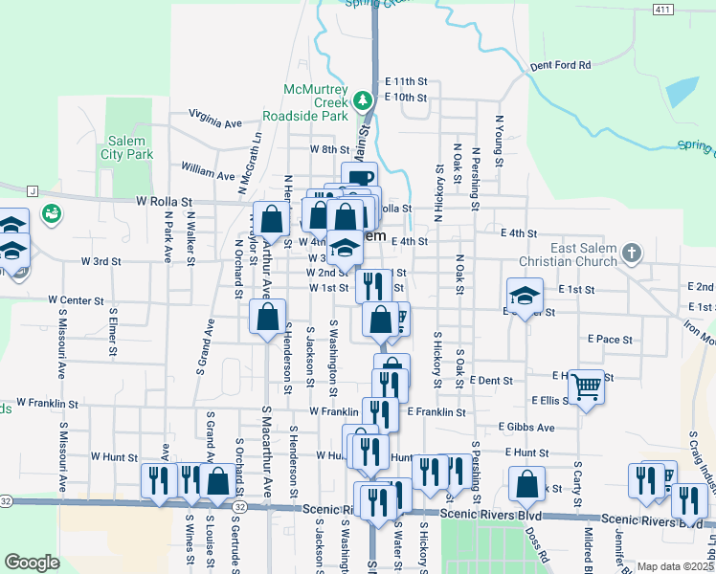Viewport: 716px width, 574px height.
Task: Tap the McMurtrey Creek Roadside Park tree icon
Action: coord(362,99)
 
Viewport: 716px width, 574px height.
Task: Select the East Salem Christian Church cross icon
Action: coord(631,253)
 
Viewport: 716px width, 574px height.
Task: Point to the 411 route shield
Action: coord(661,10)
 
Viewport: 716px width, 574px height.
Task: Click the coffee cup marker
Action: coord(360,178)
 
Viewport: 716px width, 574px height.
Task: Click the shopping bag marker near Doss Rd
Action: coord(526,484)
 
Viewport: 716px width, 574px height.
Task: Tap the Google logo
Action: coord(32,563)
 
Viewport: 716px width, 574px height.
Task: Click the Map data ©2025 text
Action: coord(675,566)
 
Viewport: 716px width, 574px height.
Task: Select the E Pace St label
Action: coord(611,339)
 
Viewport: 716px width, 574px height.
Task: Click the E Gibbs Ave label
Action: coord(526,427)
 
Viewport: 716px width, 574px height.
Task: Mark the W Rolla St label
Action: coord(164,202)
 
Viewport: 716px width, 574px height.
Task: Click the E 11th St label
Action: coord(405,82)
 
